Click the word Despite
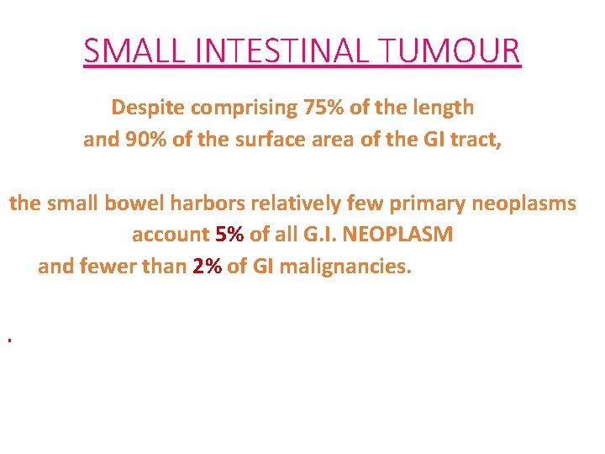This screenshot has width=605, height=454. point(147,108)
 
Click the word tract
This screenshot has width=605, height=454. point(476,140)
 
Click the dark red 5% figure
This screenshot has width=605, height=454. point(229,235)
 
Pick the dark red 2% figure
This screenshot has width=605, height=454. point(206,267)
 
